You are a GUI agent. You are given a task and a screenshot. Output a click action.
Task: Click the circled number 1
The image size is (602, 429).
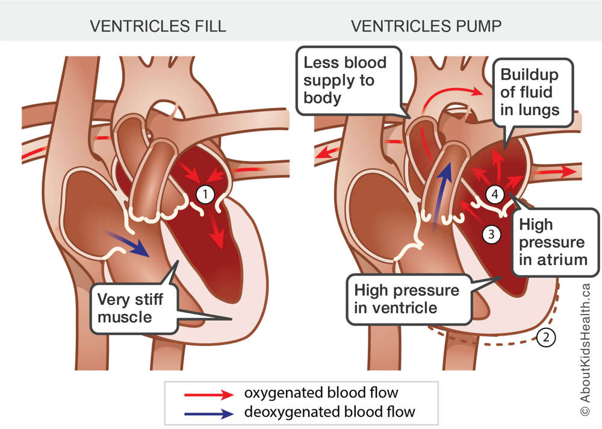pyautogui.click(x=205, y=195)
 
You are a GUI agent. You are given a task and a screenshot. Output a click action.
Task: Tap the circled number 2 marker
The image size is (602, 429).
pyautogui.click(x=545, y=337)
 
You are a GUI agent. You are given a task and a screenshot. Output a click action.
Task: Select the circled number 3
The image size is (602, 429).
pyautogui.click(x=491, y=234)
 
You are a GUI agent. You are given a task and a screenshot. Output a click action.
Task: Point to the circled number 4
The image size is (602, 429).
pyautogui.click(x=495, y=194)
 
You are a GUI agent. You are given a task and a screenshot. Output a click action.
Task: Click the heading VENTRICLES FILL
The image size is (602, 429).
pyautogui.click(x=158, y=26)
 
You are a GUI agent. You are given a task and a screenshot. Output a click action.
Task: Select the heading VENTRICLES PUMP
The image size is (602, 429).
pyautogui.click(x=426, y=26)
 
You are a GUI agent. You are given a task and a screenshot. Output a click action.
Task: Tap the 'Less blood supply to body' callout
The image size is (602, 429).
pyautogui.click(x=349, y=81)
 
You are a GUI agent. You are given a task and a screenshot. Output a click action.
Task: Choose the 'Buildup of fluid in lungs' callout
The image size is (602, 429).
pyautogui.click(x=533, y=93)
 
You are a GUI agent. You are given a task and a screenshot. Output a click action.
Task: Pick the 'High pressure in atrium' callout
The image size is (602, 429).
pyautogui.click(x=556, y=242)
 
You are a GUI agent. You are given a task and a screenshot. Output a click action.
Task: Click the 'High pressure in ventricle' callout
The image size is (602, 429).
pyautogui.click(x=409, y=299)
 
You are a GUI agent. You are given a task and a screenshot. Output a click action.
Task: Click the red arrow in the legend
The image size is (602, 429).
pyautogui.click(x=209, y=395)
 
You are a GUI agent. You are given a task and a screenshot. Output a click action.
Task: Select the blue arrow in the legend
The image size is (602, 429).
pyautogui.click(x=209, y=413)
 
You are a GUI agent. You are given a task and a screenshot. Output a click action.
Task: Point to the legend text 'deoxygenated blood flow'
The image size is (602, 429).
pyautogui.click(x=329, y=412)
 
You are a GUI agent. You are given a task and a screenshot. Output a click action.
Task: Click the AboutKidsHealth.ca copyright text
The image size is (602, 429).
pyautogui.click(x=585, y=350)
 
